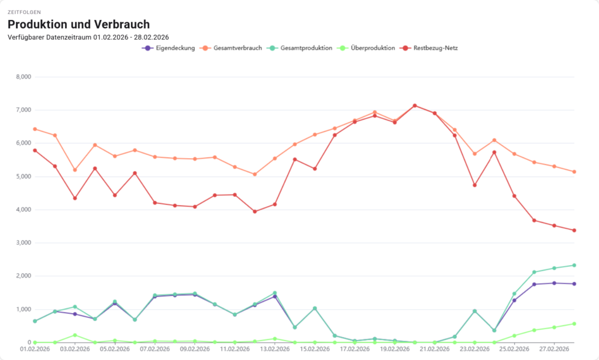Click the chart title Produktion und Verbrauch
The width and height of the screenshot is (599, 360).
(78, 25)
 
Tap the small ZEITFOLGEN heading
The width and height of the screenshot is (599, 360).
(25, 12)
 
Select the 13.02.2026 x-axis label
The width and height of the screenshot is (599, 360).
(275, 349)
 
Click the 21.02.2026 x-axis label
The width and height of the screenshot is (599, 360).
(435, 349)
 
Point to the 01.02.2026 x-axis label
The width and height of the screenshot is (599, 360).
(35, 349)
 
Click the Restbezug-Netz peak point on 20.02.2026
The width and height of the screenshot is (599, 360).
(415, 105)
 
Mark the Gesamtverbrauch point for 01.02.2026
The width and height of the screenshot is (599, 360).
(35, 129)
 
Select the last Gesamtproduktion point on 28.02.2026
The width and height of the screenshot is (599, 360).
(574, 265)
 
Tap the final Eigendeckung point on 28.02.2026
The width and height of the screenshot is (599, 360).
(574, 284)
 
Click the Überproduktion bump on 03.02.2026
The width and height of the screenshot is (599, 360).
(75, 335)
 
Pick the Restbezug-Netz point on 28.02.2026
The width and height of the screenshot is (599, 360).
(574, 230)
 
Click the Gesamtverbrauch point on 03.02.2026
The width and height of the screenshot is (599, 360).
(75, 170)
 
